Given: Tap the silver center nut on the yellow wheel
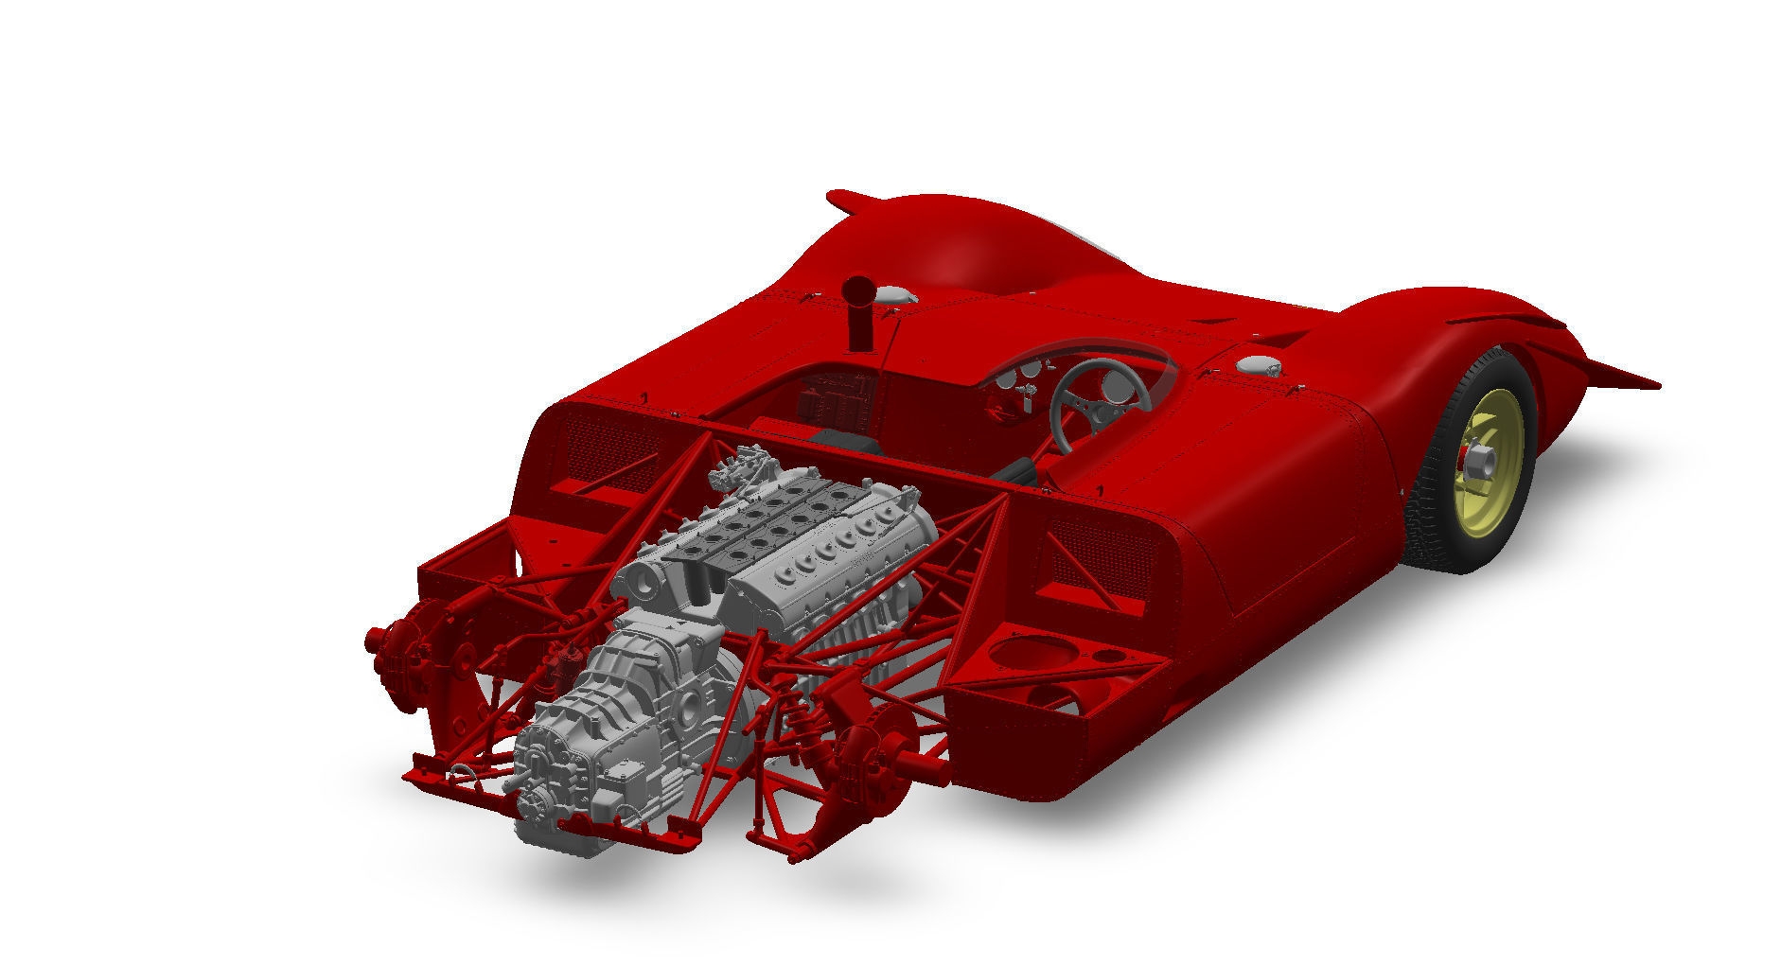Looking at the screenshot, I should click(x=1480, y=462).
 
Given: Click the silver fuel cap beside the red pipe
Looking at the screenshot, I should click(x=895, y=295).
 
